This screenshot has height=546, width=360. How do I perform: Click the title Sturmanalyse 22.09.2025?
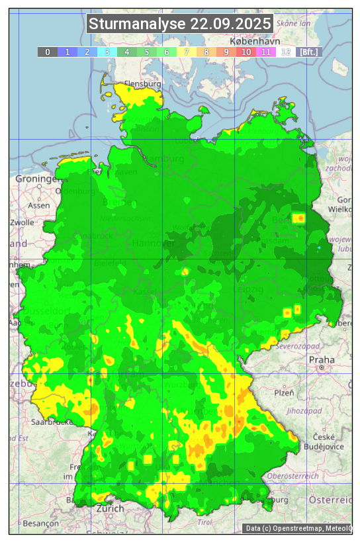tap(180, 24)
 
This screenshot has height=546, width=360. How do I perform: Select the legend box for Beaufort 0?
tap(47, 52)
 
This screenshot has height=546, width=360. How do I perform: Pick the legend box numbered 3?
tap(107, 52)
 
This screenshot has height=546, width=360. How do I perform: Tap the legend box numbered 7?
tap(187, 52)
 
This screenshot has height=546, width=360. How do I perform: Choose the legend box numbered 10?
tap(246, 52)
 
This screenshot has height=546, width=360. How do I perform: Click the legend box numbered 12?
tap(286, 52)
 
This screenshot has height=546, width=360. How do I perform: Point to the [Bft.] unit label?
tap(308, 52)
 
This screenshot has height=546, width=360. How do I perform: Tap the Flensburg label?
tap(143, 85)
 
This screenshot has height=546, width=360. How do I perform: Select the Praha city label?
tap(322, 359)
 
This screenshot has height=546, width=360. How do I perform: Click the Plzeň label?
tap(284, 392)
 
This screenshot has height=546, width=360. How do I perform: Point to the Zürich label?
tap(110, 508)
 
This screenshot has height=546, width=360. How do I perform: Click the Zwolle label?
tap(22, 222)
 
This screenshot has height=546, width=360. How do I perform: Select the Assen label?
tap(39, 205)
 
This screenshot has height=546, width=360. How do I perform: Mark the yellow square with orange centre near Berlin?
tap(299, 218)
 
